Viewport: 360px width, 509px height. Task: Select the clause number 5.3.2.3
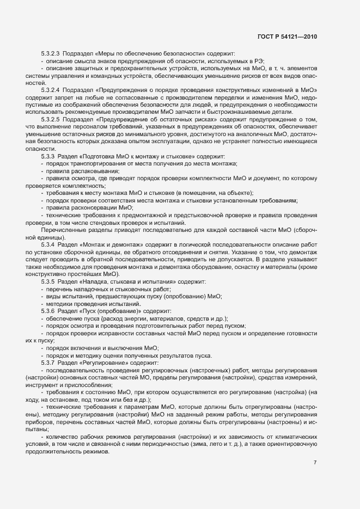[51, 53]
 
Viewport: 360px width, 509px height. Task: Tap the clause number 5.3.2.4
[51, 89]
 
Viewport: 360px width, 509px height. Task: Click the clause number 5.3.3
[48, 157]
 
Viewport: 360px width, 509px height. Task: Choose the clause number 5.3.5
[48, 282]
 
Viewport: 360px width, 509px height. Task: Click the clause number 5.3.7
[48, 363]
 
